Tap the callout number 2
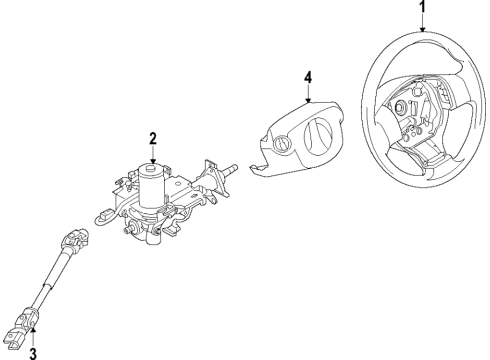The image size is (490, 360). [x=152, y=138]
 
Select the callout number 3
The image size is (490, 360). [x=32, y=351]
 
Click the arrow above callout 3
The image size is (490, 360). [x=33, y=332]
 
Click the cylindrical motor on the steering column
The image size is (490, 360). [x=152, y=188]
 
